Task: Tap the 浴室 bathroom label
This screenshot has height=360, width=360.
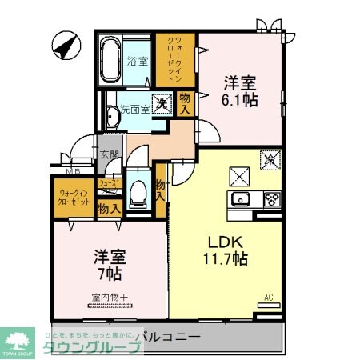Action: tap(138, 60)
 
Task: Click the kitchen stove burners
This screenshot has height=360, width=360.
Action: tap(272, 200)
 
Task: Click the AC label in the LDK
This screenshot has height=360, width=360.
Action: tap(269, 298)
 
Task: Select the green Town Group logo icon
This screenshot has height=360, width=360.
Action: tap(18, 338)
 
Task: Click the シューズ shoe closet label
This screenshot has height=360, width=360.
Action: tap(107, 183)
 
